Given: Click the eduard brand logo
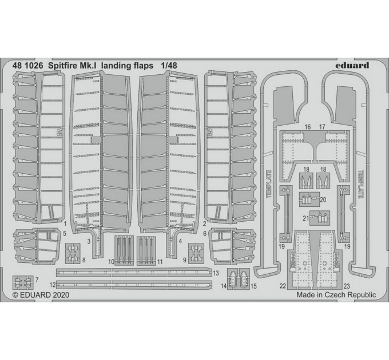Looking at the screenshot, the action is (x=352, y=65).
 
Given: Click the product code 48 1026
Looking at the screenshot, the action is (x=27, y=65).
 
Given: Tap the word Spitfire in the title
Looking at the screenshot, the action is (x=62, y=66).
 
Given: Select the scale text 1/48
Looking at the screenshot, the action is (x=169, y=65).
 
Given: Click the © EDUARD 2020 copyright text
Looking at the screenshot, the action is (x=41, y=295).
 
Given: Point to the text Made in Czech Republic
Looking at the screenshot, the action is (x=336, y=295).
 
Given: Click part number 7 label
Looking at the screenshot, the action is (x=37, y=280).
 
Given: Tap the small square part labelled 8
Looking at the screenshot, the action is (x=73, y=253).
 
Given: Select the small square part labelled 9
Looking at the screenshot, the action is (x=196, y=253).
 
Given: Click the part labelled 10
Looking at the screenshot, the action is (x=124, y=250).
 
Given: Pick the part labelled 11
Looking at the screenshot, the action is (x=146, y=250).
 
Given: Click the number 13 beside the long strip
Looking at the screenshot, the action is (x=216, y=273).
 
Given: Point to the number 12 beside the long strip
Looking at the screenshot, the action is (x=53, y=285).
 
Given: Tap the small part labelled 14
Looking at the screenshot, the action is (x=233, y=279).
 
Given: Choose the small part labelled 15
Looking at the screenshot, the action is (x=244, y=279).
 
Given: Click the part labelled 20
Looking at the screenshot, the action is (x=309, y=199).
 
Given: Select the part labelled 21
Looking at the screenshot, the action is (x=320, y=218).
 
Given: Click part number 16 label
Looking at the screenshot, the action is (x=307, y=127).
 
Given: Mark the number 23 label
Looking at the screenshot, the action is (x=347, y=286).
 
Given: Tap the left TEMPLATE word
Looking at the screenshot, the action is (x=269, y=184).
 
